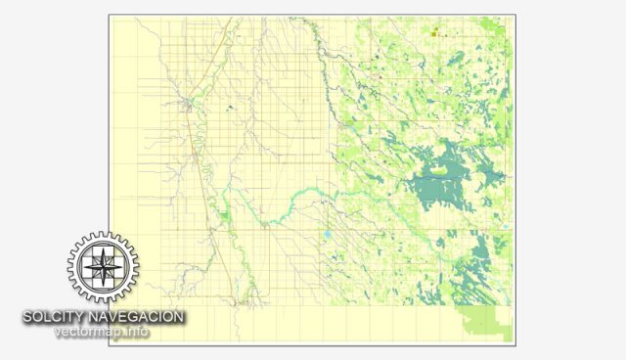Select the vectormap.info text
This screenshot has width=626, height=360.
[x=103, y=333]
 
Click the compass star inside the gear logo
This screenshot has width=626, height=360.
[x=103, y=265]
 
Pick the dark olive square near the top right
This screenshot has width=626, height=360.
[x=432, y=34]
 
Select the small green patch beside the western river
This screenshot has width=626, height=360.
[x=224, y=213]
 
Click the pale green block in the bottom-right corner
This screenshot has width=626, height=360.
[x=483, y=322]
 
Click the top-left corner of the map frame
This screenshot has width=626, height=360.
[x=109, y=15]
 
